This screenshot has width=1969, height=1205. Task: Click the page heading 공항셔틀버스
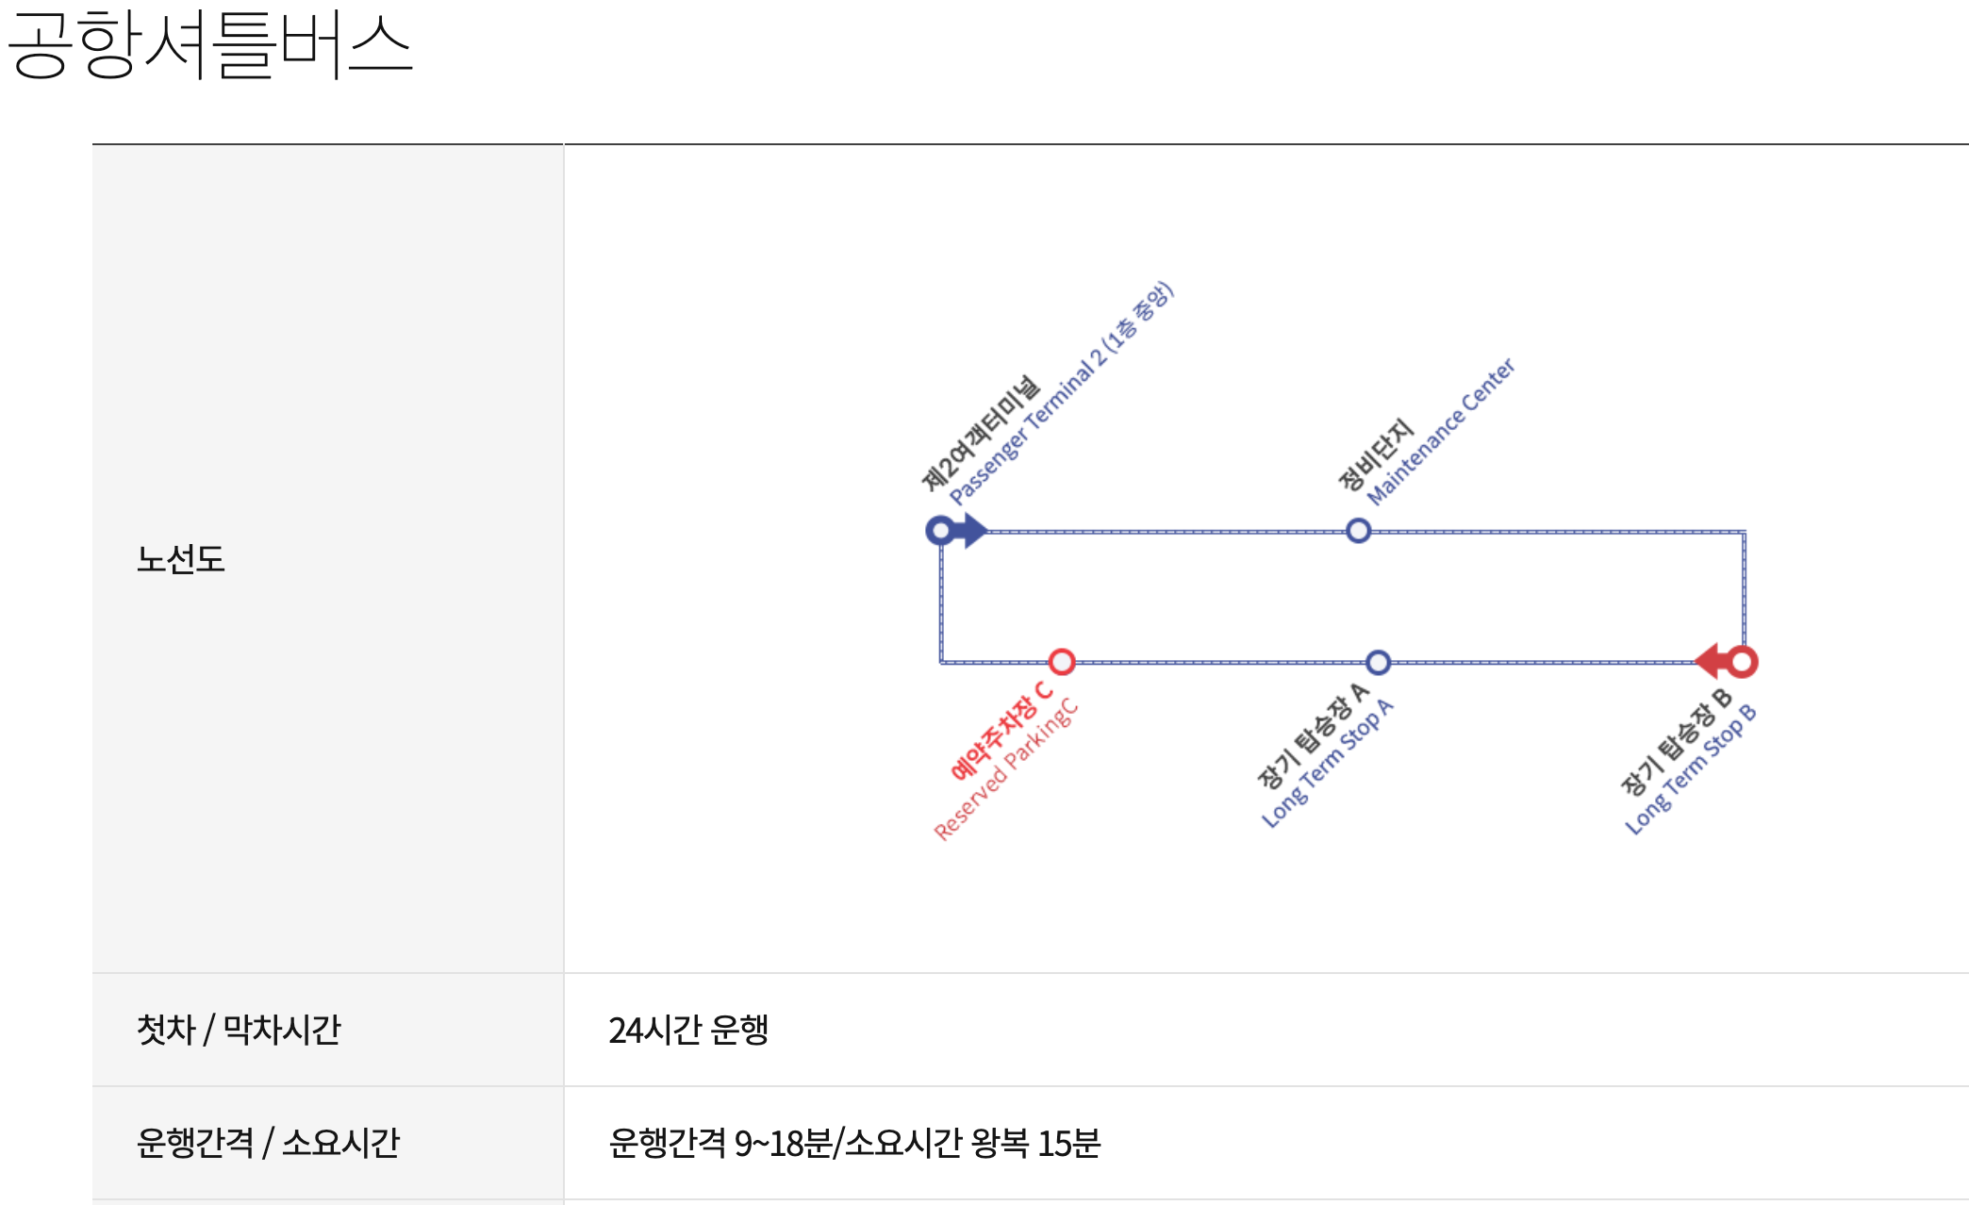(x=209, y=45)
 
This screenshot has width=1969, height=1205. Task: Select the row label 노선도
(x=180, y=559)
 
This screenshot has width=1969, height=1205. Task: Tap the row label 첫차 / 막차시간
(x=239, y=1030)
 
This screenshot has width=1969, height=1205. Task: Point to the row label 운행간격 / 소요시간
(x=268, y=1143)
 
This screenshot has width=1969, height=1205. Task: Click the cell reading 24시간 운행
(x=688, y=1030)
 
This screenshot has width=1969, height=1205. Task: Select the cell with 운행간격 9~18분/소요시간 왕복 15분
(x=854, y=1143)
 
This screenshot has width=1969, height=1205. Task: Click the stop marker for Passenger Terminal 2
(x=939, y=531)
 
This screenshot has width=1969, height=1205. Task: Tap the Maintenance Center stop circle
(x=1358, y=531)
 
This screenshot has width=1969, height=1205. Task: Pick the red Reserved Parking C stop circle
(x=1062, y=662)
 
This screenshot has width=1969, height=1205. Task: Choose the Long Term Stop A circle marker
(x=1378, y=662)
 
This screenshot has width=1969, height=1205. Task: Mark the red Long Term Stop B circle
(x=1743, y=662)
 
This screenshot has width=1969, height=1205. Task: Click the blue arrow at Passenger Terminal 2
(x=971, y=531)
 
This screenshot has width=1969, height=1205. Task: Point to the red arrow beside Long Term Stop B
(x=1710, y=662)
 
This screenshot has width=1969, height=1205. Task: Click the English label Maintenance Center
(x=1441, y=431)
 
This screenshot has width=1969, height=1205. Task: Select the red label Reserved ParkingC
(x=1006, y=769)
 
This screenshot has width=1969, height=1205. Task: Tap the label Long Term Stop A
(x=1328, y=764)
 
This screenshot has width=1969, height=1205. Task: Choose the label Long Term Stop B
(x=1691, y=769)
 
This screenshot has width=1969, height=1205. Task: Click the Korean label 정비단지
(x=1376, y=454)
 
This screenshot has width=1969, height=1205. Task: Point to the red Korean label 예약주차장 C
(x=1001, y=731)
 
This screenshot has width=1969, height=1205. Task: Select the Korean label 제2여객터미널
(x=981, y=433)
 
